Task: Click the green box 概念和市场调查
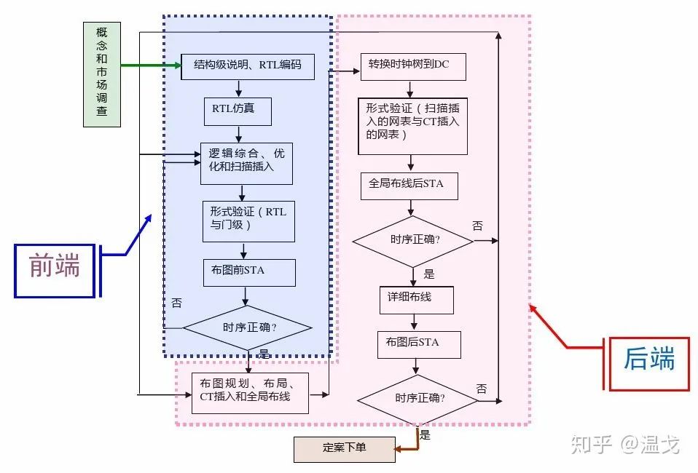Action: tap(101, 74)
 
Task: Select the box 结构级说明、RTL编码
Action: tap(248, 65)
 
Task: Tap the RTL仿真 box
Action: tap(238, 111)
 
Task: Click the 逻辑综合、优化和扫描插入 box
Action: tap(246, 164)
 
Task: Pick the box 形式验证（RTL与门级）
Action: tap(248, 221)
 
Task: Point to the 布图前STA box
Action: tap(249, 272)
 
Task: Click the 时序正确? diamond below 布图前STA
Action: tap(247, 327)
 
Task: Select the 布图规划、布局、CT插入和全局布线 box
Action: tap(250, 393)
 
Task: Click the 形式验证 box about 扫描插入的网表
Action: tap(412, 126)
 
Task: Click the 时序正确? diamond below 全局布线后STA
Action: tap(412, 241)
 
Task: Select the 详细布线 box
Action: tap(416, 298)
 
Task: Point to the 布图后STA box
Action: tap(419, 344)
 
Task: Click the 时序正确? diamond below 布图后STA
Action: tap(420, 399)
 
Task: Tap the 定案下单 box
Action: tap(344, 449)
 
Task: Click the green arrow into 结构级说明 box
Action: tap(149, 65)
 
